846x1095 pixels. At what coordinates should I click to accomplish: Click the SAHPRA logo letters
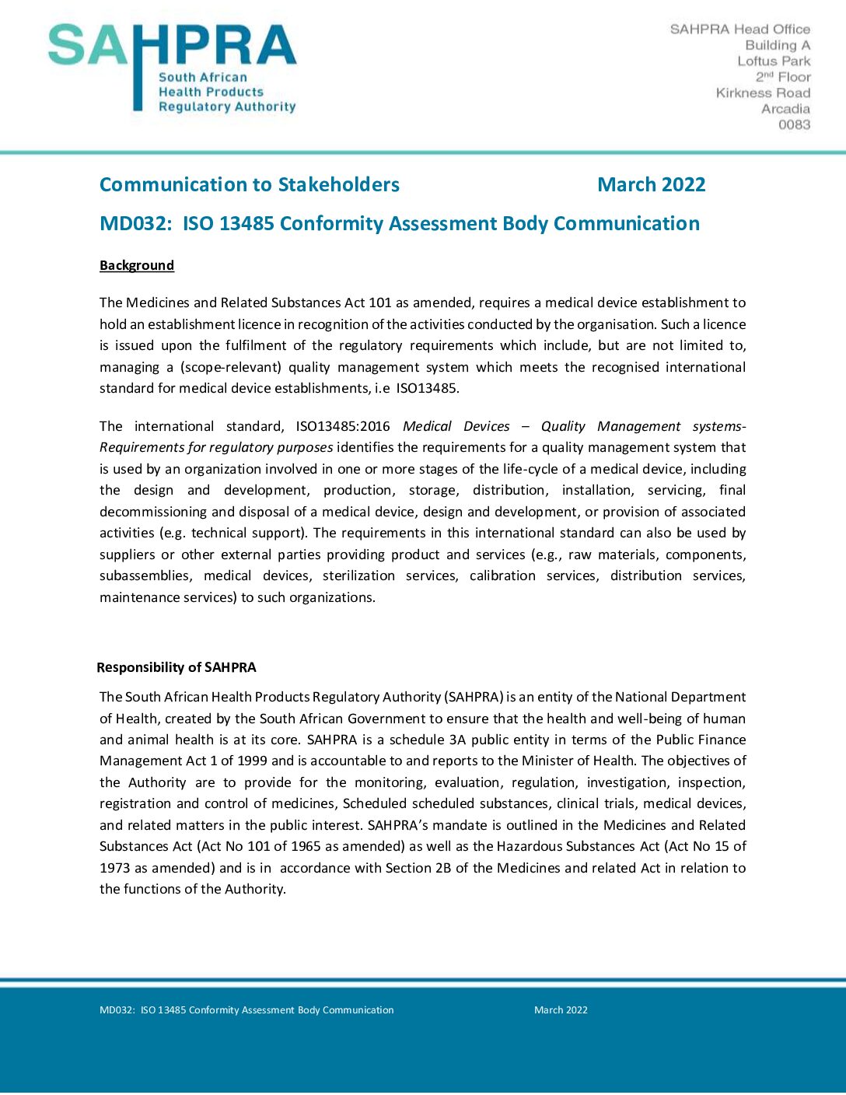[172, 46]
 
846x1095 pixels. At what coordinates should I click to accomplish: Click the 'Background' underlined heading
[137, 265]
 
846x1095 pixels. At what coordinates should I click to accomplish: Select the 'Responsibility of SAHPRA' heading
[177, 667]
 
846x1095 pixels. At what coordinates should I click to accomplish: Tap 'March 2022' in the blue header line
[651, 184]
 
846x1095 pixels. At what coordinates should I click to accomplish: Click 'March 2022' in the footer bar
[561, 1010]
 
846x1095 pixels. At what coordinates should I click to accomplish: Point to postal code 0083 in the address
[794, 124]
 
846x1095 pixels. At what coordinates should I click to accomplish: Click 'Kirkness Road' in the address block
[763, 93]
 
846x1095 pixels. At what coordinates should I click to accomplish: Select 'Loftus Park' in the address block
[774, 61]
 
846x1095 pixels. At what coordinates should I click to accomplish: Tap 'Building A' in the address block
[778, 45]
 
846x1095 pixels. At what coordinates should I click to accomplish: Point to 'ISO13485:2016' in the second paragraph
[343, 426]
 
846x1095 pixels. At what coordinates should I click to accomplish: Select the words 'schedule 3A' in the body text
[427, 740]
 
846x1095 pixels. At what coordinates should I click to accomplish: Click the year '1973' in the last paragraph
[114, 868]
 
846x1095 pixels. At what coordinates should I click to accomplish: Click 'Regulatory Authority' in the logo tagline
[227, 107]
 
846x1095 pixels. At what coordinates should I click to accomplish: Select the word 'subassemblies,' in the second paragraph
[145, 575]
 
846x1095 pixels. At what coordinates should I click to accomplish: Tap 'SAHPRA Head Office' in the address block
[739, 29]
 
